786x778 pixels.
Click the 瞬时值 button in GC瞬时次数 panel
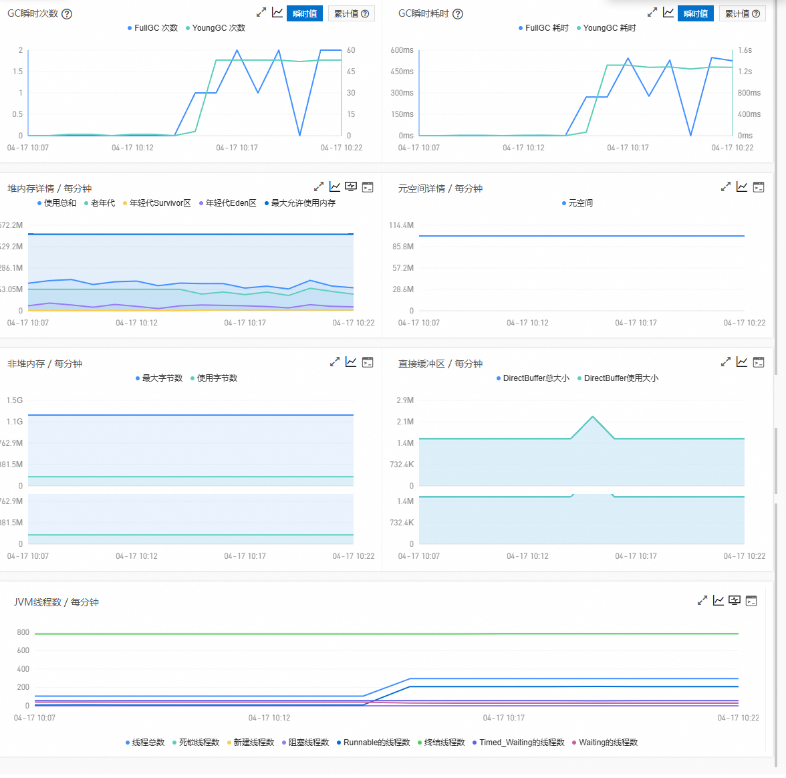pos(305,13)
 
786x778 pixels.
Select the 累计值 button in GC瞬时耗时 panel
pos(742,13)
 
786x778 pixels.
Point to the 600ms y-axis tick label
pos(402,50)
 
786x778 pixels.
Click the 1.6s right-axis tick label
pos(745,50)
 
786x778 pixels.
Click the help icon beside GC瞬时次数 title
pos(67,14)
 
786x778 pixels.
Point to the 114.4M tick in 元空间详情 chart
pos(401,225)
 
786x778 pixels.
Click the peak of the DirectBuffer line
pos(592,417)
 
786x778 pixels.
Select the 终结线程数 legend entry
pos(444,743)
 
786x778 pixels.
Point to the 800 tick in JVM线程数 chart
pos(23,632)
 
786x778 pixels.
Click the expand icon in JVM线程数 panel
pos(702,601)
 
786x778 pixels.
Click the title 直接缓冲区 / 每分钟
pos(440,364)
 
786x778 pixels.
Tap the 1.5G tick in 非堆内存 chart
pos(15,400)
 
